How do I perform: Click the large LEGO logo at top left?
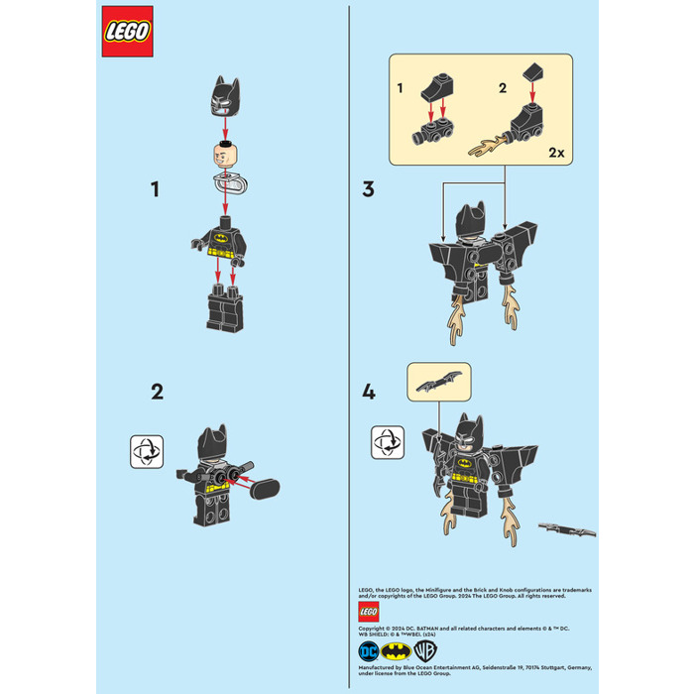click(127, 32)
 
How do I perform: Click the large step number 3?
click(368, 188)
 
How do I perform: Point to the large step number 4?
click(369, 392)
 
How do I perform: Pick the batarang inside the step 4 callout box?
click(439, 381)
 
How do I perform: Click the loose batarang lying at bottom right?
click(567, 526)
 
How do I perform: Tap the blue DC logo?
click(370, 651)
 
